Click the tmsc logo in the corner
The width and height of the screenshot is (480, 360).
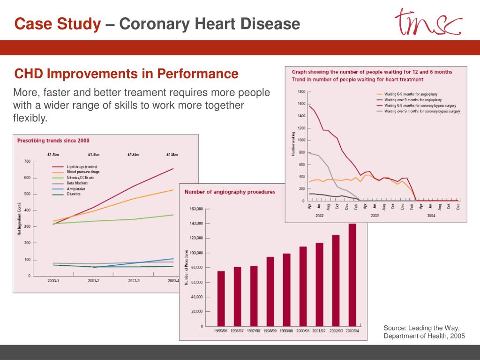click(428, 22)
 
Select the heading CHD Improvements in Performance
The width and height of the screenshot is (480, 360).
click(126, 74)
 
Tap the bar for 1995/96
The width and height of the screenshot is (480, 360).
click(221, 298)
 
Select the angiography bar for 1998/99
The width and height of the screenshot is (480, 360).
click(270, 291)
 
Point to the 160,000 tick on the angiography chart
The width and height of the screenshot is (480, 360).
click(196, 209)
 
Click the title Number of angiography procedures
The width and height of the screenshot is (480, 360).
click(230, 192)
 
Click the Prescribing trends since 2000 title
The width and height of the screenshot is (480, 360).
click(53, 140)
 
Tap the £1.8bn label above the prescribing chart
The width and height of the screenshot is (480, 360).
click(172, 154)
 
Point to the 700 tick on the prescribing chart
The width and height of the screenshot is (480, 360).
click(27, 161)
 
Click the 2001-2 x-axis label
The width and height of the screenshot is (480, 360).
click(93, 281)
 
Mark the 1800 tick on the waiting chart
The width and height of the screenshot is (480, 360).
click(301, 92)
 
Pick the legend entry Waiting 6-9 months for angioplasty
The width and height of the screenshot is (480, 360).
click(410, 94)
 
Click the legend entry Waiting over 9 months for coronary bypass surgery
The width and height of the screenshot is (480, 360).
click(422, 111)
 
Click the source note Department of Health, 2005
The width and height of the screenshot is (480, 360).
click(424, 336)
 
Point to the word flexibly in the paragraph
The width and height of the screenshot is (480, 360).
click(30, 118)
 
